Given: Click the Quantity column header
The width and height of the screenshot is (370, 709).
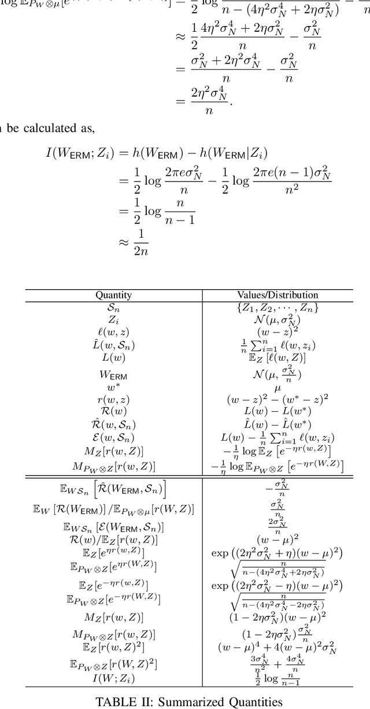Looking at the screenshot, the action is coord(113,295).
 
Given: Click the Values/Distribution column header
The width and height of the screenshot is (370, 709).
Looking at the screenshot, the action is coord(277,295).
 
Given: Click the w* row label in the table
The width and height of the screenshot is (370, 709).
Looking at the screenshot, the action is coord(113,387).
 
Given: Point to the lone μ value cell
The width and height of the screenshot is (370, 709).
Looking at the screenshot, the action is coord(277,388).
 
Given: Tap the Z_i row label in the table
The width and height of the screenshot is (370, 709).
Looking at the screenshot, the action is coord(113,319).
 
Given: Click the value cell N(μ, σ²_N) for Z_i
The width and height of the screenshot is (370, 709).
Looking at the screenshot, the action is coord(277,319).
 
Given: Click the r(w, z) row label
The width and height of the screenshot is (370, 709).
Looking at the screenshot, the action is coord(113,399).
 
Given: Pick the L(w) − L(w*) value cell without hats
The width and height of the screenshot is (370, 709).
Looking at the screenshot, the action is coord(277,411).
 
